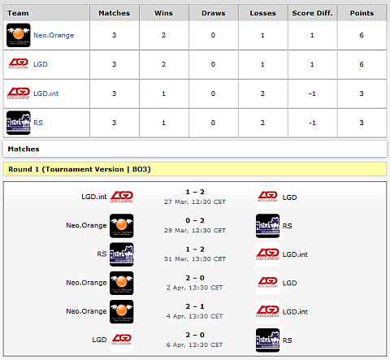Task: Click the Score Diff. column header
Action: pos(312,13)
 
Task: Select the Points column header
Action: pos(362,13)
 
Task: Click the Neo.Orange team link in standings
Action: pos(54,35)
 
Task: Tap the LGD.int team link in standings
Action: pos(45,93)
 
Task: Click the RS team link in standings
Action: pos(38,123)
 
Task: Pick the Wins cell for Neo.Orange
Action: pos(163,35)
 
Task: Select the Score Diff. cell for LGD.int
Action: pos(312,93)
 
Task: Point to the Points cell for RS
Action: pos(362,123)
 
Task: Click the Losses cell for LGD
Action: pos(262,64)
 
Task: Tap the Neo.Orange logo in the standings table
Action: pos(19,35)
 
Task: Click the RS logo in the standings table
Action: pos(19,123)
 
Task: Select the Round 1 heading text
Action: pos(80,169)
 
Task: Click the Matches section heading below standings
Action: pos(24,149)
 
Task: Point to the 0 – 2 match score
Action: pos(195,220)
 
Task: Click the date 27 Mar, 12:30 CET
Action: pos(195,202)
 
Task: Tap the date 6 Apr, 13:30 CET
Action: pos(194,345)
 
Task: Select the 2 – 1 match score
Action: pos(195,306)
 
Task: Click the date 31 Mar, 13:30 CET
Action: pos(195,259)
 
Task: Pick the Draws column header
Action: pos(214,13)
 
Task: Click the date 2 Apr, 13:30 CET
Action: pos(194,288)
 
